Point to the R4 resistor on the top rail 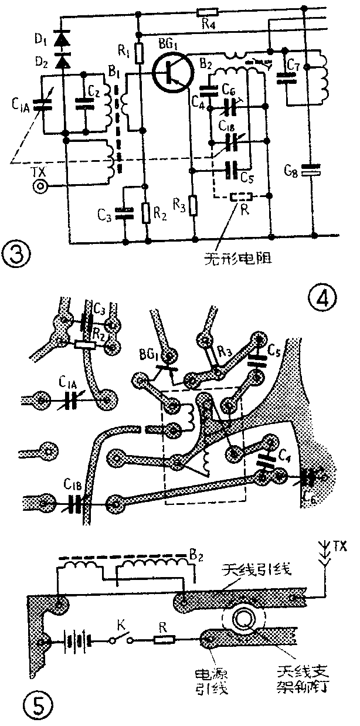click(x=207, y=11)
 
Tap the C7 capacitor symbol click(x=287, y=78)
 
